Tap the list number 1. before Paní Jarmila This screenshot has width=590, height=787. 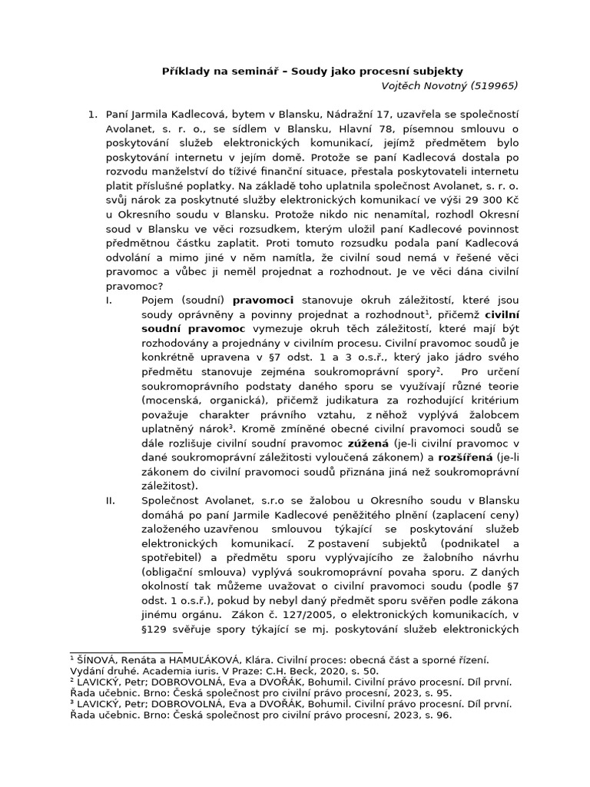[x=92, y=115]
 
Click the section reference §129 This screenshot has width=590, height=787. [x=157, y=629]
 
